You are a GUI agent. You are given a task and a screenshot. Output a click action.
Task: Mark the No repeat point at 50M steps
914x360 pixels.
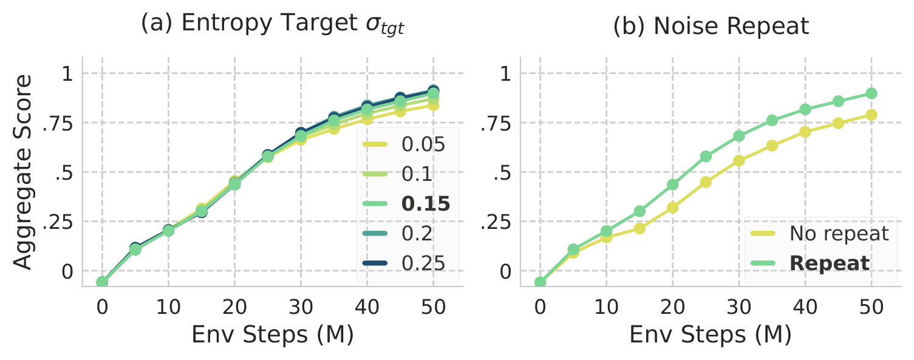[871, 115]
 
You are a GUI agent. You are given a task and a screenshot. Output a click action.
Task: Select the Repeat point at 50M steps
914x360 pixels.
[871, 93]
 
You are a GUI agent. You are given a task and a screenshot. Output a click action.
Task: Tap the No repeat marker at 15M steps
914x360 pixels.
[639, 228]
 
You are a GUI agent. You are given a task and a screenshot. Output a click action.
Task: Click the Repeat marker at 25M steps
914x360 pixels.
[706, 157]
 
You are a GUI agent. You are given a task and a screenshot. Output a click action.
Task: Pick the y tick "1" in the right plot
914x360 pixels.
[506, 74]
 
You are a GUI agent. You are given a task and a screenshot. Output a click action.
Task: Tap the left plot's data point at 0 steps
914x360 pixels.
[102, 282]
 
